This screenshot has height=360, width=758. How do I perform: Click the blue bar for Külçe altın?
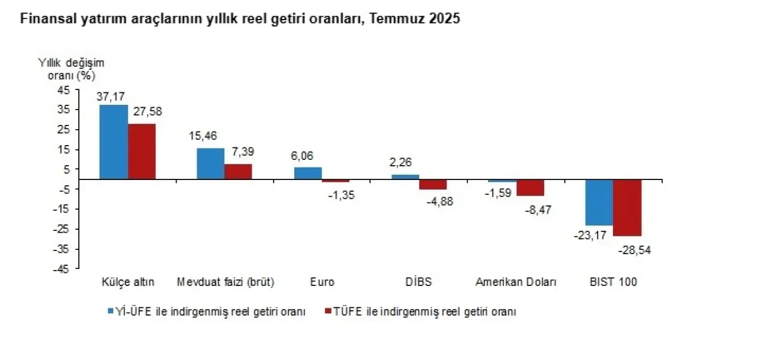114,142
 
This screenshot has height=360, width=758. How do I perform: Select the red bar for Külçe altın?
142,151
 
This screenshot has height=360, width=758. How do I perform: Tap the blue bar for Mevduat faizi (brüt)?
210,163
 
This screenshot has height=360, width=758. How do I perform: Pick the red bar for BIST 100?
627,207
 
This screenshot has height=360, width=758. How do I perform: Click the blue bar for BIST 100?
599,202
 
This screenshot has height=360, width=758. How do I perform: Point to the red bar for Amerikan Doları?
530,187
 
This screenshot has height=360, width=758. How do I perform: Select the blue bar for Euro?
308,173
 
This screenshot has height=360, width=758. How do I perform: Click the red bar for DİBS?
433,184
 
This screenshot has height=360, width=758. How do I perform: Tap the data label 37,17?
112,96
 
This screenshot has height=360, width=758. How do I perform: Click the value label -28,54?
634,250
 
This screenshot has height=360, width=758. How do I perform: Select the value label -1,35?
341,195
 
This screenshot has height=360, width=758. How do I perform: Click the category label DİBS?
419,282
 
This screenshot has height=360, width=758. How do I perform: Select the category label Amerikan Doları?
516,282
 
